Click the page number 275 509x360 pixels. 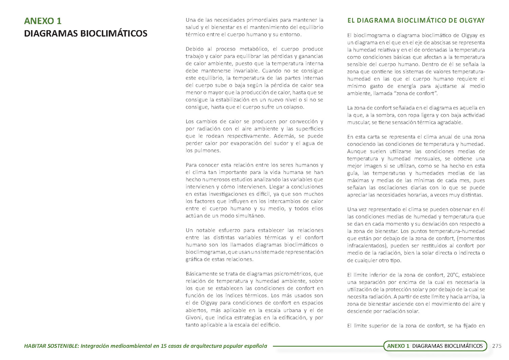(496, 346)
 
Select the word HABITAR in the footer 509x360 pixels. (35, 346)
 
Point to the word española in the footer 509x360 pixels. (255, 346)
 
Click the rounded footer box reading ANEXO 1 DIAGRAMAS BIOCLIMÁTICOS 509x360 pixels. (435, 346)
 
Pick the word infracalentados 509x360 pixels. (366, 246)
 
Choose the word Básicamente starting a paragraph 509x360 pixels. (201, 274)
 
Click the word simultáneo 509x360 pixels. (249, 216)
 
